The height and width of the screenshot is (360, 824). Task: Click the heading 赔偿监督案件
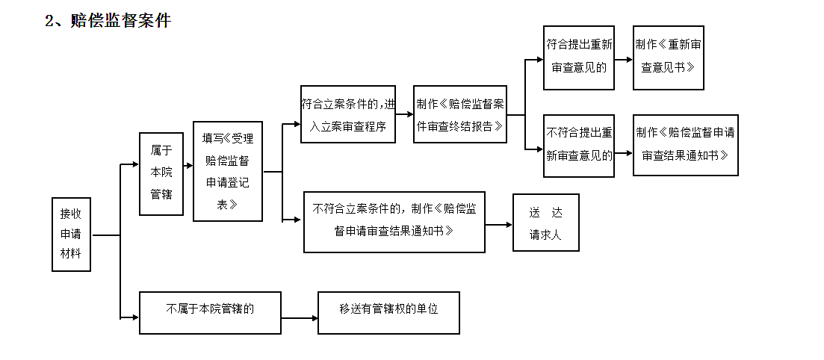tap(120, 21)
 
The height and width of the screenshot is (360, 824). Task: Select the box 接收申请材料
tap(71, 235)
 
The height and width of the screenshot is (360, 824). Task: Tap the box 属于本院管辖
tap(161, 173)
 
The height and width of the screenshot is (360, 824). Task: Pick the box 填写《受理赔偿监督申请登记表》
tap(228, 171)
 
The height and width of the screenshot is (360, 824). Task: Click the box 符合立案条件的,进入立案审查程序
tap(348, 114)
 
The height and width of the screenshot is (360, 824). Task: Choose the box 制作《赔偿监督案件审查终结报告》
tap(460, 114)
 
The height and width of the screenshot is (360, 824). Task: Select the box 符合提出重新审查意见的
tap(579, 57)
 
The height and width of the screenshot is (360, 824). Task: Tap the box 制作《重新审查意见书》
tap(669, 57)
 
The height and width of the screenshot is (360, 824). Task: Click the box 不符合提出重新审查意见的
tap(579, 145)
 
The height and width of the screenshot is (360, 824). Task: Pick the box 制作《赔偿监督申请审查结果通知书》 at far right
tap(685, 145)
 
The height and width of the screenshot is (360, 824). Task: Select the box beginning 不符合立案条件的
tap(394, 221)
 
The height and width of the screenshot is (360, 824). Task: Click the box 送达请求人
tap(545, 223)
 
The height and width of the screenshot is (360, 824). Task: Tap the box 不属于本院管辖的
tap(210, 312)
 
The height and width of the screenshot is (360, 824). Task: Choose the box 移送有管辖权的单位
tap(388, 312)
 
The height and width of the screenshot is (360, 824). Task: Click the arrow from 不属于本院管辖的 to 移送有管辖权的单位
tap(300, 318)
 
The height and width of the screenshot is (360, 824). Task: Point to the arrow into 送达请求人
tap(498, 223)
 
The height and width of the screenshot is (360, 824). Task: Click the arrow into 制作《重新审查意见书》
tap(624, 61)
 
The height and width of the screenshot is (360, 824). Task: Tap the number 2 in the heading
tap(49, 21)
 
